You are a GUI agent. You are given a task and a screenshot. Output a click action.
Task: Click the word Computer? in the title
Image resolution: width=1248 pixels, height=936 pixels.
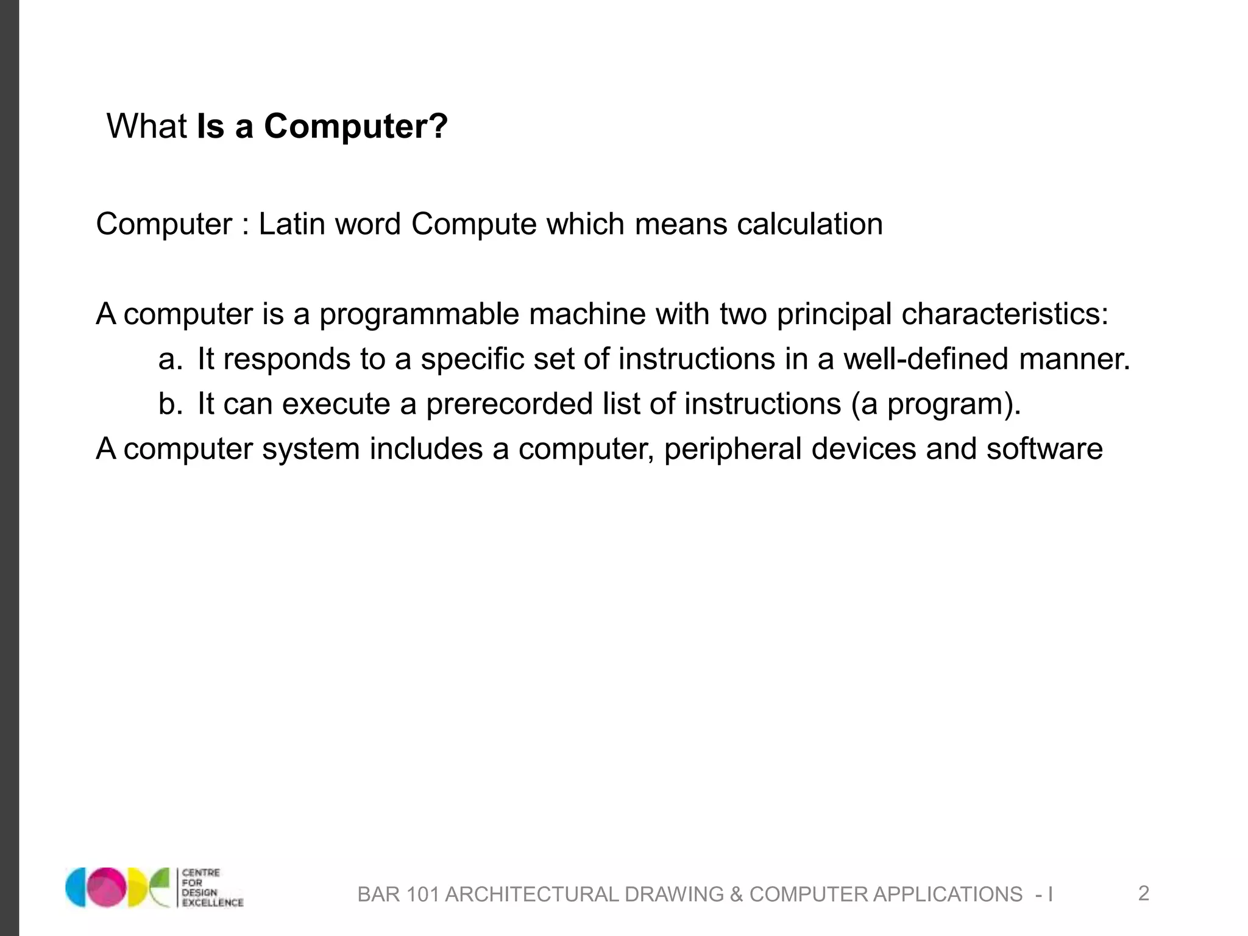tap(355, 126)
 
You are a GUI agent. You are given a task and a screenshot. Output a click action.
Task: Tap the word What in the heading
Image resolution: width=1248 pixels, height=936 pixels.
tap(146, 126)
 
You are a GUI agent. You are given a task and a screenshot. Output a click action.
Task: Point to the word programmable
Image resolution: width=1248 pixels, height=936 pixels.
tap(419, 314)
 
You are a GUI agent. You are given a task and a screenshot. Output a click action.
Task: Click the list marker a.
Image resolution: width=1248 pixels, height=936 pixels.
tap(170, 359)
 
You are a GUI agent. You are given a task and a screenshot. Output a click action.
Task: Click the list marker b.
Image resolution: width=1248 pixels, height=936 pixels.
tap(170, 404)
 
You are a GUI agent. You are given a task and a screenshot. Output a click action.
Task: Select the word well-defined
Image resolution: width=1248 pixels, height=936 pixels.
tap(925, 359)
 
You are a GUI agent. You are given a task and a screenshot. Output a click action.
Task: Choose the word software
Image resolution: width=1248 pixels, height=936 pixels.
tap(1044, 449)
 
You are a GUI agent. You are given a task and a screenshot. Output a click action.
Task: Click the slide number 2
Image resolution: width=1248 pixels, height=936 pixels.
tap(1143, 893)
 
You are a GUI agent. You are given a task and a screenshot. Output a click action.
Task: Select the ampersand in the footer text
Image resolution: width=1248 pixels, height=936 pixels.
tap(736, 895)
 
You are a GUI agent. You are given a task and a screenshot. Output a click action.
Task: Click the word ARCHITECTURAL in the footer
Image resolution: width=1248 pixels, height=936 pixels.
tap(531, 895)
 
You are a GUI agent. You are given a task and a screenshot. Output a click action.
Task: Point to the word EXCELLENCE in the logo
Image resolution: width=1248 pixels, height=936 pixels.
tap(213, 902)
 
